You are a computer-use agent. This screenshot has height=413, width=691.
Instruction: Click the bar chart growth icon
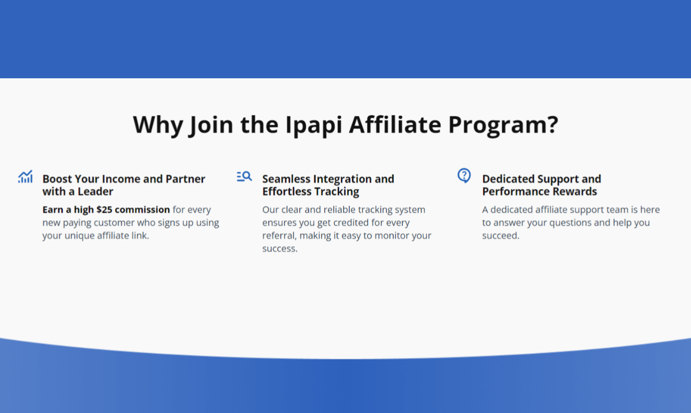(25, 177)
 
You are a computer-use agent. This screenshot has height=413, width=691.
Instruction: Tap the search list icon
(244, 176)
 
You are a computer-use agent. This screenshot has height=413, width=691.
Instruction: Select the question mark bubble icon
(464, 176)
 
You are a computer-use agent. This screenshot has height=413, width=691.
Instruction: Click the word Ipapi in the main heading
(314, 125)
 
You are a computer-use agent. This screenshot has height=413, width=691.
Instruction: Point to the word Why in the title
(158, 125)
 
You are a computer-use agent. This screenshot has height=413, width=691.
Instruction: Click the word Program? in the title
(503, 125)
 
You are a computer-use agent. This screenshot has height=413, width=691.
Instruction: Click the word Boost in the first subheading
(57, 179)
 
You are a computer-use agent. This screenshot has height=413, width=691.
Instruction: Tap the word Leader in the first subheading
(95, 191)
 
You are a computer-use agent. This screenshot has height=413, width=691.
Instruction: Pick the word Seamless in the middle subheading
(287, 179)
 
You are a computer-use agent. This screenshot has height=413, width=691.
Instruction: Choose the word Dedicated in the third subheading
(508, 179)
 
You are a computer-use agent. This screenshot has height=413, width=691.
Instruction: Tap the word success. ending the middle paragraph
(280, 248)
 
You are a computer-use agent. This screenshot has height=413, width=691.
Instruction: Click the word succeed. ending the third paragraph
(501, 235)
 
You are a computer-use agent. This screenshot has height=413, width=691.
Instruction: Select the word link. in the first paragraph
(140, 235)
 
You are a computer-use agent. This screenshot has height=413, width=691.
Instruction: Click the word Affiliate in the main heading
(395, 125)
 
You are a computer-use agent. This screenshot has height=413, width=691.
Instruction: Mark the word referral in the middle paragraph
(280, 235)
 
